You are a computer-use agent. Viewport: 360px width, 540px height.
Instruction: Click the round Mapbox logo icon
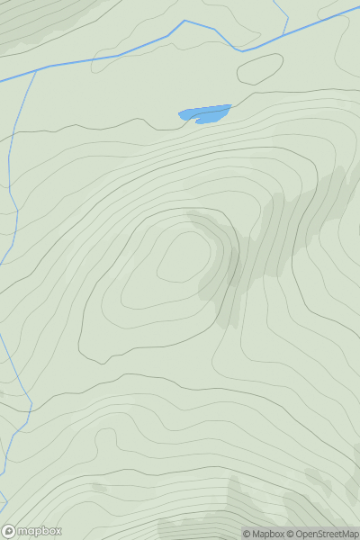(x=10, y=531)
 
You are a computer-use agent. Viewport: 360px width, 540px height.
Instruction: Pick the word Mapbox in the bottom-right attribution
(x=267, y=534)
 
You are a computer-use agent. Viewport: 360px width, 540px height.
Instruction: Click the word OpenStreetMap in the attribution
(x=327, y=534)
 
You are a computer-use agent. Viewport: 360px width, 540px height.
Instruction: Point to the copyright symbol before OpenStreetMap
(x=290, y=534)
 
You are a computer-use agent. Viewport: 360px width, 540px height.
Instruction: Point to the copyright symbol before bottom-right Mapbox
(x=247, y=534)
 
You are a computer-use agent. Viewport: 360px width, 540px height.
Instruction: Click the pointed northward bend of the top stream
(x=184, y=21)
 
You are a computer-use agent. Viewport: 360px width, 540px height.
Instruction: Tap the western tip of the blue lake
(x=180, y=114)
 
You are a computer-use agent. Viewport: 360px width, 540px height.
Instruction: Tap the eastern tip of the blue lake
(x=230, y=107)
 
